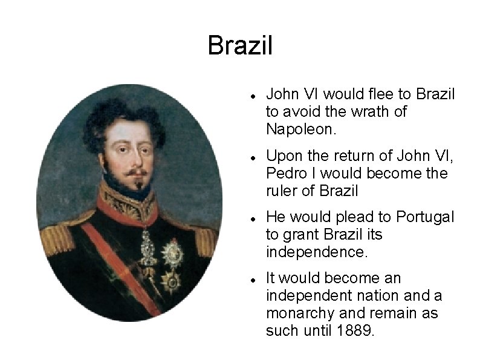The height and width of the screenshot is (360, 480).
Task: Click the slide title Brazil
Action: coord(240,46)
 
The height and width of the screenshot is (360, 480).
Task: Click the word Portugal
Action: coord(426,217)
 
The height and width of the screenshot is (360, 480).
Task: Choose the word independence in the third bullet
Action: coord(316,252)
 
